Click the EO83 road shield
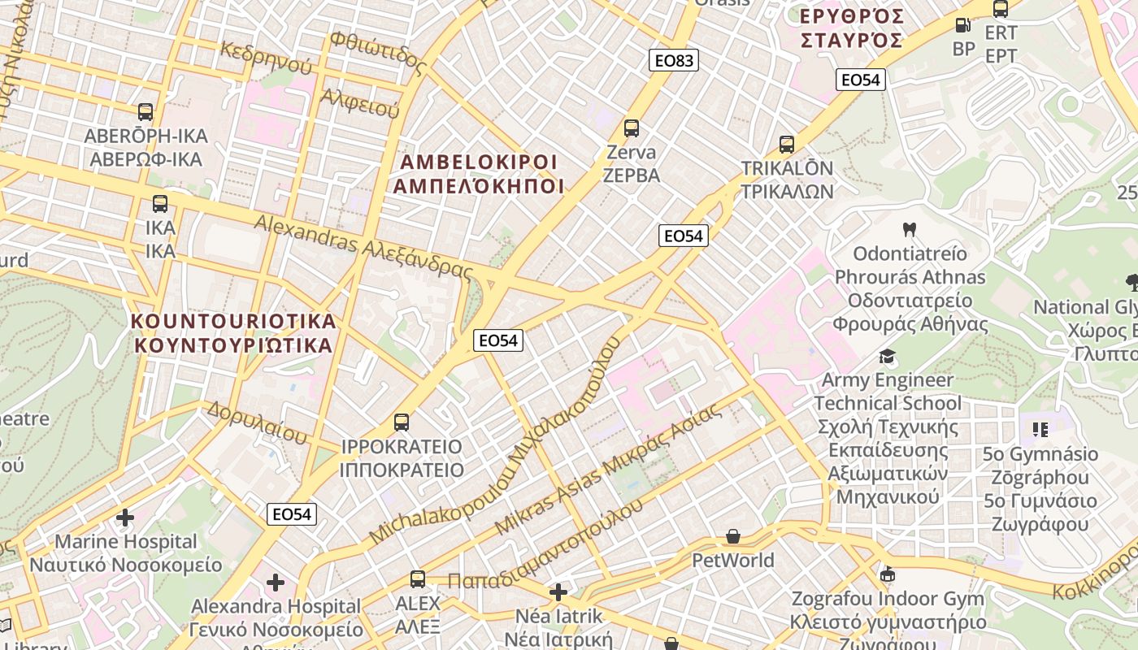[674, 60]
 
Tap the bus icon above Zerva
[632, 128]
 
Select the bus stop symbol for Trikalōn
[787, 145]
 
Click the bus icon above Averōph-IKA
[146, 112]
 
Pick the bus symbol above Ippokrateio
[402, 422]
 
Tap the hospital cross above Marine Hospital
[125, 517]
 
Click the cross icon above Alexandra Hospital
[276, 582]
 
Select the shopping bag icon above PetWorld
[733, 536]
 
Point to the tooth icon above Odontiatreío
[910, 230]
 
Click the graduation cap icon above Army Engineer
[887, 357]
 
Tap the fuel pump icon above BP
[963, 25]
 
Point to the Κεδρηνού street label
[266, 54]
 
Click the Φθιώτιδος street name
[378, 50]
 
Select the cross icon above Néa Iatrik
[558, 591]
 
